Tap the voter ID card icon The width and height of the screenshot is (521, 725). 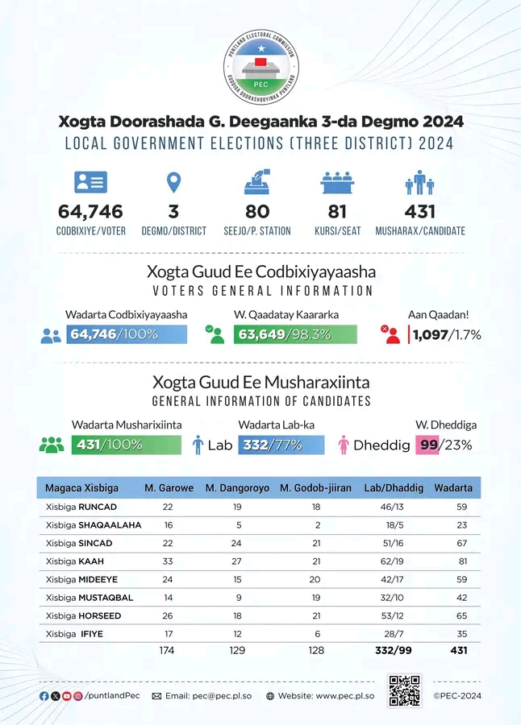91,182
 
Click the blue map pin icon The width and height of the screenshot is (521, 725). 173,183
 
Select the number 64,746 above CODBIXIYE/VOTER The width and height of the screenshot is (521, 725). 91,212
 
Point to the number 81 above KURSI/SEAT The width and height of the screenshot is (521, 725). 337,212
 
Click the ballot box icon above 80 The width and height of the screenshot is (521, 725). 257,182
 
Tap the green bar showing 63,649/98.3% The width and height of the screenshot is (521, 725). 295,334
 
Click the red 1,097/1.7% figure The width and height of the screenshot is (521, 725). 447,334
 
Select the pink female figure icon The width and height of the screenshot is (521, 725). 344,445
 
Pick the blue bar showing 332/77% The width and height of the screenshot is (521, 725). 281,445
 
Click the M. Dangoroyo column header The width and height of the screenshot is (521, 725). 238,488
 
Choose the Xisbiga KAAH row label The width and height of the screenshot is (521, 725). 74,561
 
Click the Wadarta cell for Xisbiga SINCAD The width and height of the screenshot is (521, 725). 461,543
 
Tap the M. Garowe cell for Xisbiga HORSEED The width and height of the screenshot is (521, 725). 168,616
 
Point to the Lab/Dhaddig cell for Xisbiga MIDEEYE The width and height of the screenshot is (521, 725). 392,579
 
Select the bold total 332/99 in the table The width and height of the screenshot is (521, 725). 394,651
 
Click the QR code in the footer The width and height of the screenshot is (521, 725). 404,691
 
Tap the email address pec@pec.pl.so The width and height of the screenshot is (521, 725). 222,696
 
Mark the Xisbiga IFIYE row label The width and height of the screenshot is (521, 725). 74,634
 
